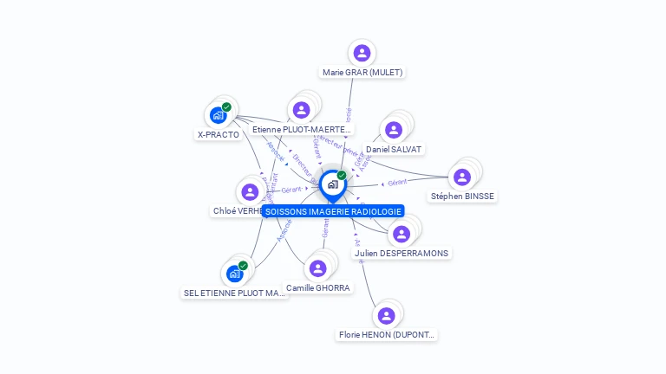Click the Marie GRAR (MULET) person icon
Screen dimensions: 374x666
click(362, 53)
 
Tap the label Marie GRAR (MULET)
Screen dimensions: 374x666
click(362, 73)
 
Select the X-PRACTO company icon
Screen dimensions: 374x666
click(218, 115)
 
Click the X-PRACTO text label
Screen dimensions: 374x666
click(218, 135)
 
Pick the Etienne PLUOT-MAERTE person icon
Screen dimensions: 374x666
click(301, 110)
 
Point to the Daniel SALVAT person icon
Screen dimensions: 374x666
click(394, 130)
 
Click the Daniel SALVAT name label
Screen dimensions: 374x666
click(394, 150)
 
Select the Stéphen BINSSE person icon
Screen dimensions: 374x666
click(462, 177)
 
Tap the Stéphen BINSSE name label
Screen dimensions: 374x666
click(462, 197)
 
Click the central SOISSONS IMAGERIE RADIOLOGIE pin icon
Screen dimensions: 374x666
click(332, 184)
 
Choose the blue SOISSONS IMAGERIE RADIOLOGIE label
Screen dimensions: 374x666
click(333, 211)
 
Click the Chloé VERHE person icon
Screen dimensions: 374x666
click(250, 191)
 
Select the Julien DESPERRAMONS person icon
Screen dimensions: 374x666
click(401, 234)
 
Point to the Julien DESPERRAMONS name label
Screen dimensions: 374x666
click(401, 253)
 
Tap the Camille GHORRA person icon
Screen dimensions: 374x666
click(317, 268)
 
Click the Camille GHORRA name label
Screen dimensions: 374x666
click(317, 287)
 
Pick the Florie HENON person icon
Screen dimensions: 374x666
click(386, 315)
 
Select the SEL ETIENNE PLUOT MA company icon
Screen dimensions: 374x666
click(234, 274)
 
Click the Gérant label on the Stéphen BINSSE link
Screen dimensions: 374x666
click(398, 183)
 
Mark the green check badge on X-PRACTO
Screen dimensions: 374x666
click(226, 107)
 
